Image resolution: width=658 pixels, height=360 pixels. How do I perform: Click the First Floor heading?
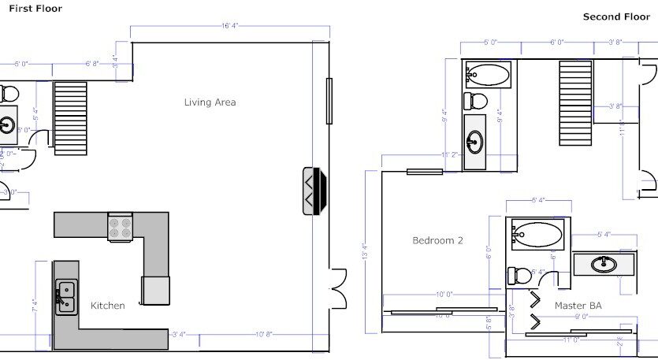coord(35,9)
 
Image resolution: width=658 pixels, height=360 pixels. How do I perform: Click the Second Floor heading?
coord(616,17)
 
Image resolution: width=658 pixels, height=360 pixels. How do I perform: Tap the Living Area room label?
coord(210,102)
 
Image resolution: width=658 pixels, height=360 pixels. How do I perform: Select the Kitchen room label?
coord(107,306)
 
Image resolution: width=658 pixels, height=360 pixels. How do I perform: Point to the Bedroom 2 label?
coord(437,240)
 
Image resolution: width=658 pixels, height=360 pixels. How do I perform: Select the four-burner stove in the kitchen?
coord(120,227)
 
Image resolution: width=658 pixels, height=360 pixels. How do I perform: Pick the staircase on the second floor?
coord(574,92)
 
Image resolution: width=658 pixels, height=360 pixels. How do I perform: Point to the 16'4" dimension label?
coord(229,26)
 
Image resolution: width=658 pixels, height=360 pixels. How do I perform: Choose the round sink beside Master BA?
coord(604,264)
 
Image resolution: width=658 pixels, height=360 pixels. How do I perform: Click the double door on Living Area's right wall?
coord(339,288)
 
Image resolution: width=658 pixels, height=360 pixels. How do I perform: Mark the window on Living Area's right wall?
coord(329,100)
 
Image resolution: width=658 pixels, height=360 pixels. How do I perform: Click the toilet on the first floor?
coord(9,94)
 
